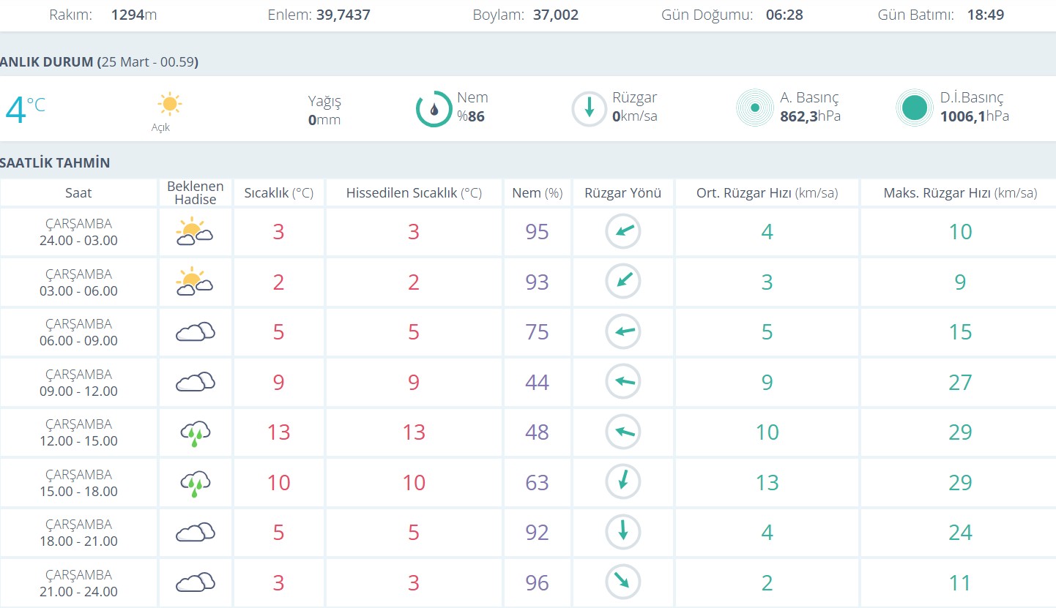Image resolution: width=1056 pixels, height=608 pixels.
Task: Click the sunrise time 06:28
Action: pos(784,15)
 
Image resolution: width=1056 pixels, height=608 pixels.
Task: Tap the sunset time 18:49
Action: pos(985,15)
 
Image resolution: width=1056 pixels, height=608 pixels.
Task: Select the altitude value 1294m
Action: pos(134,15)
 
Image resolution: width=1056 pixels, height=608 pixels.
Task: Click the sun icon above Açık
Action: pos(169,104)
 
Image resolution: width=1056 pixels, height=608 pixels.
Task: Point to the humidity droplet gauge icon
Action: pos(434,109)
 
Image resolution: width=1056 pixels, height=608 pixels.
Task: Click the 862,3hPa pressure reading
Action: pos(810,116)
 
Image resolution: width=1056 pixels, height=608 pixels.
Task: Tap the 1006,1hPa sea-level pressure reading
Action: pos(974,116)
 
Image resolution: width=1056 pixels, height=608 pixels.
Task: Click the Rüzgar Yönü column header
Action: pos(622,193)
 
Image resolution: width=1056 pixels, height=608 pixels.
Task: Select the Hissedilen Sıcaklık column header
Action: pos(414,193)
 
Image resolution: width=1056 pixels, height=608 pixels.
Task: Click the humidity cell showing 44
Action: pos(537,382)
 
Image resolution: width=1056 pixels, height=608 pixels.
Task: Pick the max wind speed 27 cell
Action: pos(959,382)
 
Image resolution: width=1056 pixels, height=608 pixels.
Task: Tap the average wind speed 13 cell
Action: pos(767,482)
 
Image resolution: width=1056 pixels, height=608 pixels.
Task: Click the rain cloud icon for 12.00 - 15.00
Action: pos(196,432)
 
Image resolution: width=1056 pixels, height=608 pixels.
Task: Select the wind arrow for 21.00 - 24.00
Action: pos(622,582)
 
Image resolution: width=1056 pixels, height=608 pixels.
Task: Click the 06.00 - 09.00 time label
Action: pos(78,340)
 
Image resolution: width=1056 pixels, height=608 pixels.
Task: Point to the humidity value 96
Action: pos(537,582)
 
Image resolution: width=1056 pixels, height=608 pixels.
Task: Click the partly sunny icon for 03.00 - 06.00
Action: pos(194,282)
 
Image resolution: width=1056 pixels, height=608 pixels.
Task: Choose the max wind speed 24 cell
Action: pos(959,532)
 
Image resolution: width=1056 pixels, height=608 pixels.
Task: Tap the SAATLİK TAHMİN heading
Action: pos(56,162)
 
